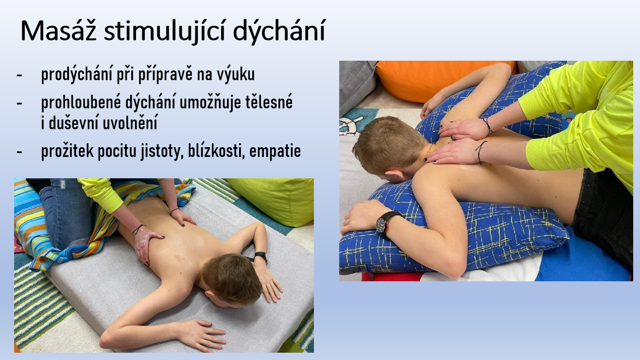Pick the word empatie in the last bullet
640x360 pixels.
tap(275, 151)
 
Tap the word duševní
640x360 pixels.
tap(73, 123)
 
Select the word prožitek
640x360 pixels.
tap(67, 151)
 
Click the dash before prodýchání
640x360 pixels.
tap(19, 75)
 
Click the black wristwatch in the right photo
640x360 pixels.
tap(384, 223)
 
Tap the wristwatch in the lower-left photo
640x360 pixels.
tap(261, 257)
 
